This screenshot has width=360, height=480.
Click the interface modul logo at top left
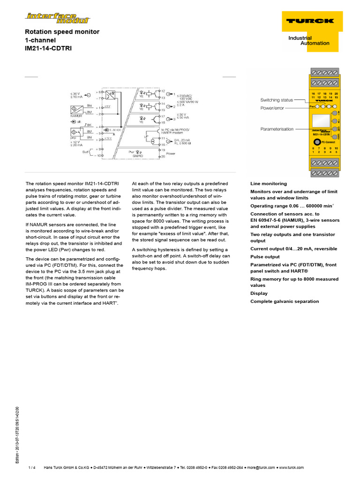coord(58,18)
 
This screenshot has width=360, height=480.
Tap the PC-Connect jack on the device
coord(317,142)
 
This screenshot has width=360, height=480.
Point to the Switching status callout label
coord(277,100)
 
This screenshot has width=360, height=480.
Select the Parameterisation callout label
coord(277,129)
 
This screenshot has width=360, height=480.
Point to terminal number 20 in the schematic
coord(163,157)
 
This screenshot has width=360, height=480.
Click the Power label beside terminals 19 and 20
coord(171,153)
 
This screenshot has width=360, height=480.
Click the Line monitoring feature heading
coord(269,184)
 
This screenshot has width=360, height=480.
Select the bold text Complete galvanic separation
coord(285,301)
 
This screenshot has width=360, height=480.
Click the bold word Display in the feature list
coord(259,293)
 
